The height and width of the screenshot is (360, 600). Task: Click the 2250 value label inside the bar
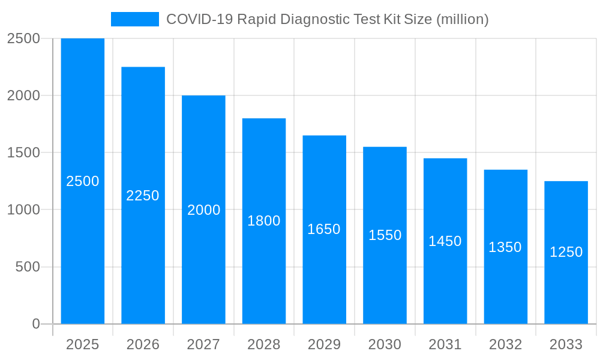click(143, 196)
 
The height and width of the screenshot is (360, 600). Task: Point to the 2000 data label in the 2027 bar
click(204, 210)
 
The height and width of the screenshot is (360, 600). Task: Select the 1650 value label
click(324, 229)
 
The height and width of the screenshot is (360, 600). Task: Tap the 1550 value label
click(385, 235)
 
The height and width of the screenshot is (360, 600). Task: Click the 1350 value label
click(505, 247)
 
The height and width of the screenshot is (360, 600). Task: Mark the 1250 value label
click(566, 252)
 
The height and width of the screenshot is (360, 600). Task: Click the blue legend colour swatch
click(135, 19)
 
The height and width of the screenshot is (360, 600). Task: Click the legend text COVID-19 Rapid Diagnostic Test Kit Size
click(327, 19)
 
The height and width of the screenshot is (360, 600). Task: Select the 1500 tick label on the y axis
click(23, 153)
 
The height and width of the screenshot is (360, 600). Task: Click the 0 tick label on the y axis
click(35, 324)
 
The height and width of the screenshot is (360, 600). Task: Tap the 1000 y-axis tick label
click(23, 210)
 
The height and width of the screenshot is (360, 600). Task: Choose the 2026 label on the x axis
click(143, 344)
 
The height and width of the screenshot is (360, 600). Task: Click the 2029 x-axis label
click(324, 344)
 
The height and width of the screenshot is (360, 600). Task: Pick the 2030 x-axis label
click(385, 344)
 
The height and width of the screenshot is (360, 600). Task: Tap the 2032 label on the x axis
click(505, 344)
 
